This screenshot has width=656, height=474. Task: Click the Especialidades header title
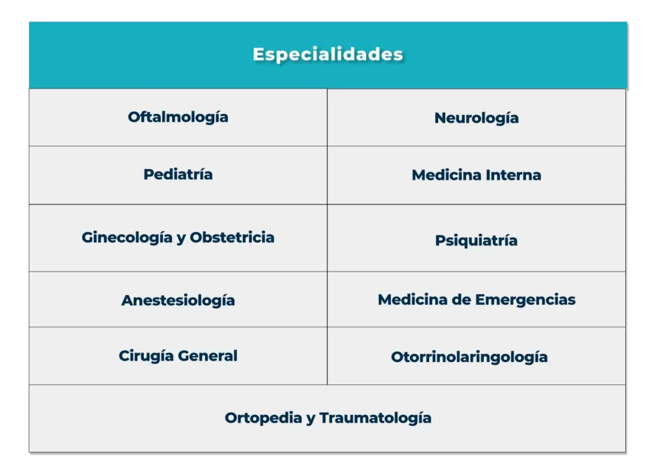[x=327, y=54]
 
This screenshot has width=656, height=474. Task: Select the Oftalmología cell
[x=178, y=117]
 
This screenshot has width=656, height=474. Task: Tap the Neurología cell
[x=476, y=118]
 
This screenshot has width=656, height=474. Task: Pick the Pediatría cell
[x=178, y=174]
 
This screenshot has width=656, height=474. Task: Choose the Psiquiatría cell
[x=476, y=241]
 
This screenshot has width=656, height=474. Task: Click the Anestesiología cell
[x=178, y=300]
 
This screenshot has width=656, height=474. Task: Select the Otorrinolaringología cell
[x=469, y=357]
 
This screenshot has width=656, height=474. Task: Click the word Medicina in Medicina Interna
[x=442, y=176]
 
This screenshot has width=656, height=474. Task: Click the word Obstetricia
[x=232, y=237]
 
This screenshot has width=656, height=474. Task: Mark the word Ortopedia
[x=262, y=418]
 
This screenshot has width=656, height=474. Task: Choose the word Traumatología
[x=375, y=418]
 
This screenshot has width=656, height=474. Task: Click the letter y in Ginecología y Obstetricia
[x=181, y=239]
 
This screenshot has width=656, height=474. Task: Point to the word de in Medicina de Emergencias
[x=461, y=300]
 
